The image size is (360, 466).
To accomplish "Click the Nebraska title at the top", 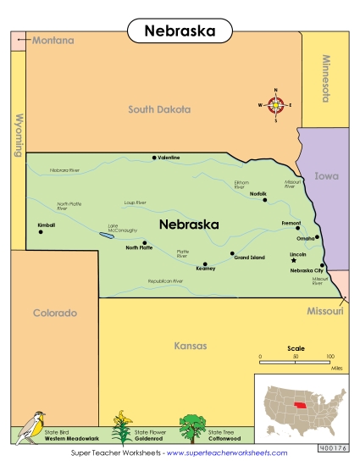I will point(179,31).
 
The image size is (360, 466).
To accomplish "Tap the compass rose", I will point(276,105).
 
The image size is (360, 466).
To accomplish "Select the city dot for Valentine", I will point(153,158).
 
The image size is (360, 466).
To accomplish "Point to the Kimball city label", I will point(46,225).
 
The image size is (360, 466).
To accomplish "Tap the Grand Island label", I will point(250,258).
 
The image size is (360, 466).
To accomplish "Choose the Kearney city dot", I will point(204,263).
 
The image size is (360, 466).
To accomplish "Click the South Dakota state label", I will point(159,109).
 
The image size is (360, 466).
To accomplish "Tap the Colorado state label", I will point(54,313).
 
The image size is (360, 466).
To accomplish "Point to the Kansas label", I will point(190,346).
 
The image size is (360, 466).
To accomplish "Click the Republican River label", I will point(165,281).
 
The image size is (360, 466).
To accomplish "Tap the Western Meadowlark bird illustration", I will point(33,426).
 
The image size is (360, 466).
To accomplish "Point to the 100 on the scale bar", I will point(330,358).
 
